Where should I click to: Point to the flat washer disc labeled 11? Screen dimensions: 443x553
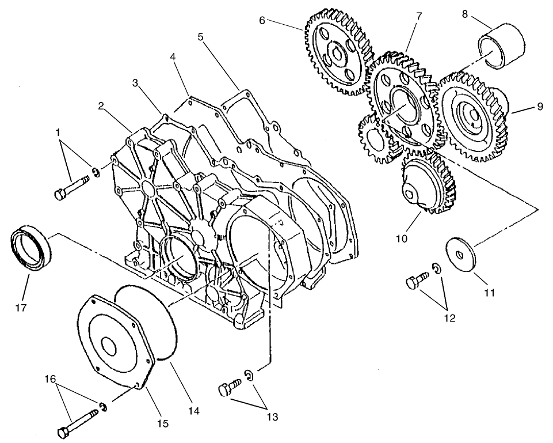point(463,252)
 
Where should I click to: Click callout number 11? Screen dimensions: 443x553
point(489,293)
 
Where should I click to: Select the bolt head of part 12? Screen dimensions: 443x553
point(412,283)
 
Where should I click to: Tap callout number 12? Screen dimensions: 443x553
point(449,317)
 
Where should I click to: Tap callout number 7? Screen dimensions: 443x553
point(419,16)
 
